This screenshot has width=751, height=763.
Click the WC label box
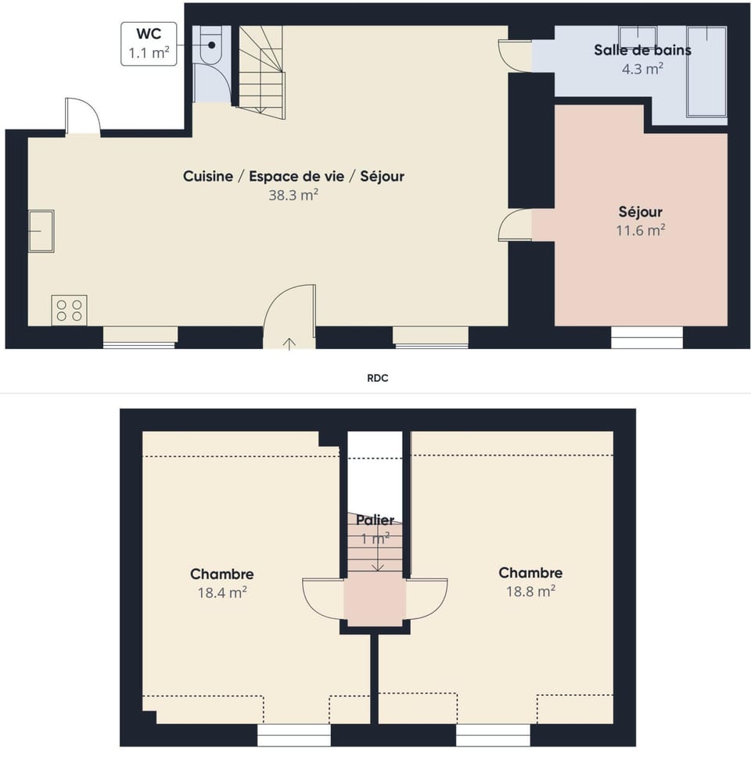tap(149, 44)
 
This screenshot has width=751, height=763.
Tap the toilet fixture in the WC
tap(210, 45)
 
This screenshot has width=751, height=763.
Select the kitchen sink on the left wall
tap(41, 231)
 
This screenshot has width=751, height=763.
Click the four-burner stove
tap(69, 310)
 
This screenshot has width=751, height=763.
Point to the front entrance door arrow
tap(289, 343)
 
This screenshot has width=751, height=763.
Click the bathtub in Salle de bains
tap(706, 72)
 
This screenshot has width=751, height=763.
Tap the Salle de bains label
tap(641, 51)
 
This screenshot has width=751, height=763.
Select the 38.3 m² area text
tap(293, 196)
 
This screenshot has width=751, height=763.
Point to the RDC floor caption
tap(378, 378)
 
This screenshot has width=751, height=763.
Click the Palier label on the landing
tap(375, 520)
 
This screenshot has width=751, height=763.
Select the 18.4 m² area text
tap(222, 592)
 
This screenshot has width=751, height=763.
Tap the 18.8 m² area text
tap(530, 592)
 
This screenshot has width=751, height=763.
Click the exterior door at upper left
tap(82, 117)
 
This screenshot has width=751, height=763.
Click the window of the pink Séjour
tap(646, 337)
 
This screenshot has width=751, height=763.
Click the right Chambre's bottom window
tap(493, 735)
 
